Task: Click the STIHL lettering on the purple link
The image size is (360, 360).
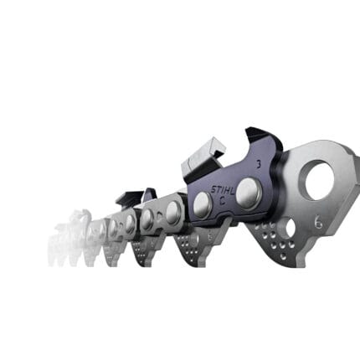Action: (223, 190)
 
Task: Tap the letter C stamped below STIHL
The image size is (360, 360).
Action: (223, 200)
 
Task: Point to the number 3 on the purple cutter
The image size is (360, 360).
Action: (259, 165)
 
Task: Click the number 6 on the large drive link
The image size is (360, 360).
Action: (319, 223)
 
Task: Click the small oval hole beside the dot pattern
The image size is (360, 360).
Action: (291, 227)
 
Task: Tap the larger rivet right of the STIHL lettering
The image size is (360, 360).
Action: (249, 193)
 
